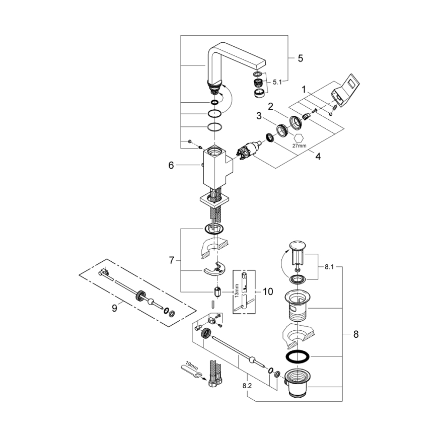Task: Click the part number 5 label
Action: click(x=300, y=58)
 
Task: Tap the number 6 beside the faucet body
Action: click(x=171, y=165)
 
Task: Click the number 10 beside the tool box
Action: click(x=267, y=291)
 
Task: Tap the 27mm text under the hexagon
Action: click(x=299, y=145)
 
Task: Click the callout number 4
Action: click(x=317, y=157)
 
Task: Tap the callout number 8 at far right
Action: click(x=355, y=334)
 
